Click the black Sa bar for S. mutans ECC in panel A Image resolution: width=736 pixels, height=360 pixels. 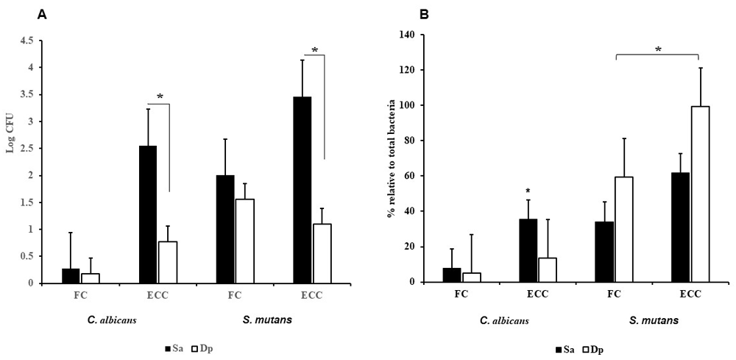(302, 190)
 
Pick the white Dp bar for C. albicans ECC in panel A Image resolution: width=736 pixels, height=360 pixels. (169, 262)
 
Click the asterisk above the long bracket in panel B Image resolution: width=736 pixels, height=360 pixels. (658, 49)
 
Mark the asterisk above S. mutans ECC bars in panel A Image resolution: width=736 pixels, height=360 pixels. (314, 51)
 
